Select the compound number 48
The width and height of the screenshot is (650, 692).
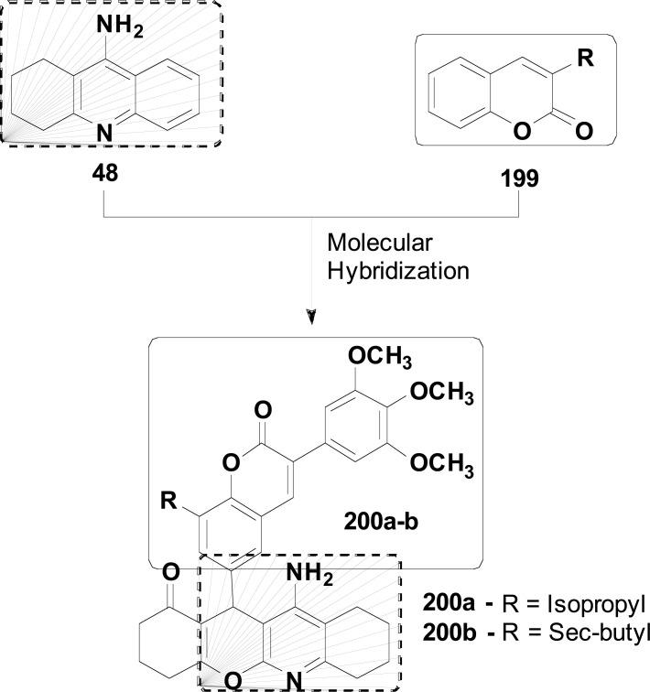click(108, 174)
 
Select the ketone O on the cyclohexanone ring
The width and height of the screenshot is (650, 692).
click(170, 573)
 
